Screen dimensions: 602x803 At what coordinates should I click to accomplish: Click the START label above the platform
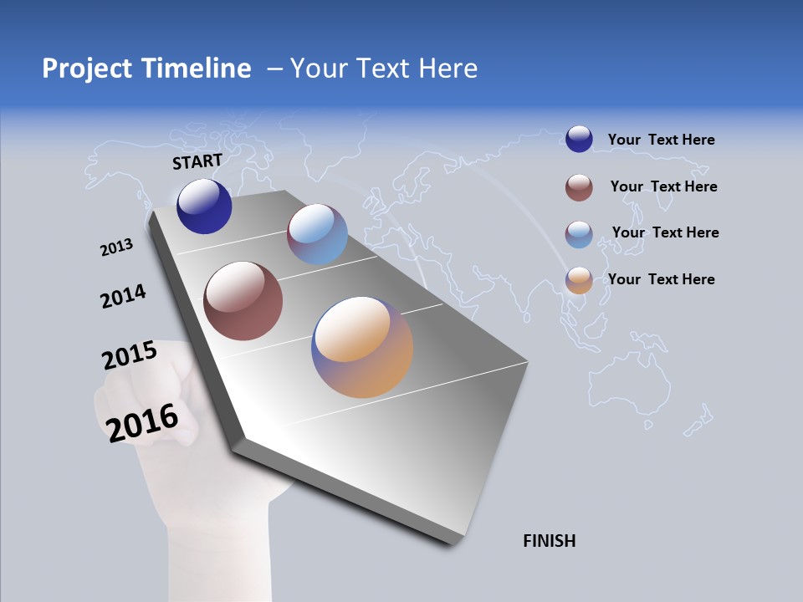click(x=197, y=161)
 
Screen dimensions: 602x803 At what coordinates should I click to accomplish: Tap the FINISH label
click(x=550, y=541)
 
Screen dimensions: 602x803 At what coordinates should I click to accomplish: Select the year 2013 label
click(x=117, y=247)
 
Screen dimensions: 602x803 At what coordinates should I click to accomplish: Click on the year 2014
click(x=124, y=297)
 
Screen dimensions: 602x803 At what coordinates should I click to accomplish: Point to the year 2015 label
click(x=130, y=355)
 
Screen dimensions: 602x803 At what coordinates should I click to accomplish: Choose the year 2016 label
click(x=142, y=422)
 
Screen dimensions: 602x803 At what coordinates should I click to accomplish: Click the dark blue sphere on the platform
click(x=204, y=207)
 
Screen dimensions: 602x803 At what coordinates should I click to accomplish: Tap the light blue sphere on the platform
click(x=317, y=234)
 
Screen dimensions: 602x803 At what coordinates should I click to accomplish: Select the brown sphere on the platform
click(x=243, y=301)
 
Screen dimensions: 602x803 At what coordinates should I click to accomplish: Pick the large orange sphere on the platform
click(x=362, y=347)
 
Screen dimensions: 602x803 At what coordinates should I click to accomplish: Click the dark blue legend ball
click(x=579, y=139)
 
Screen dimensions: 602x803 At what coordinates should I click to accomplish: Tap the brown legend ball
click(x=579, y=187)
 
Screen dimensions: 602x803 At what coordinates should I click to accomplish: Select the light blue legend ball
click(x=579, y=234)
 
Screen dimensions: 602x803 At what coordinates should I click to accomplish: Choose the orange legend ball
click(x=579, y=280)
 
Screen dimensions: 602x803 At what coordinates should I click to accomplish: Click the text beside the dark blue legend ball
click(x=661, y=140)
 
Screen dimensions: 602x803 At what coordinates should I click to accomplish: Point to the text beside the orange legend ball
click(x=661, y=279)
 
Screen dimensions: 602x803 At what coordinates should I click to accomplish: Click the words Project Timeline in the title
click(x=146, y=69)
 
